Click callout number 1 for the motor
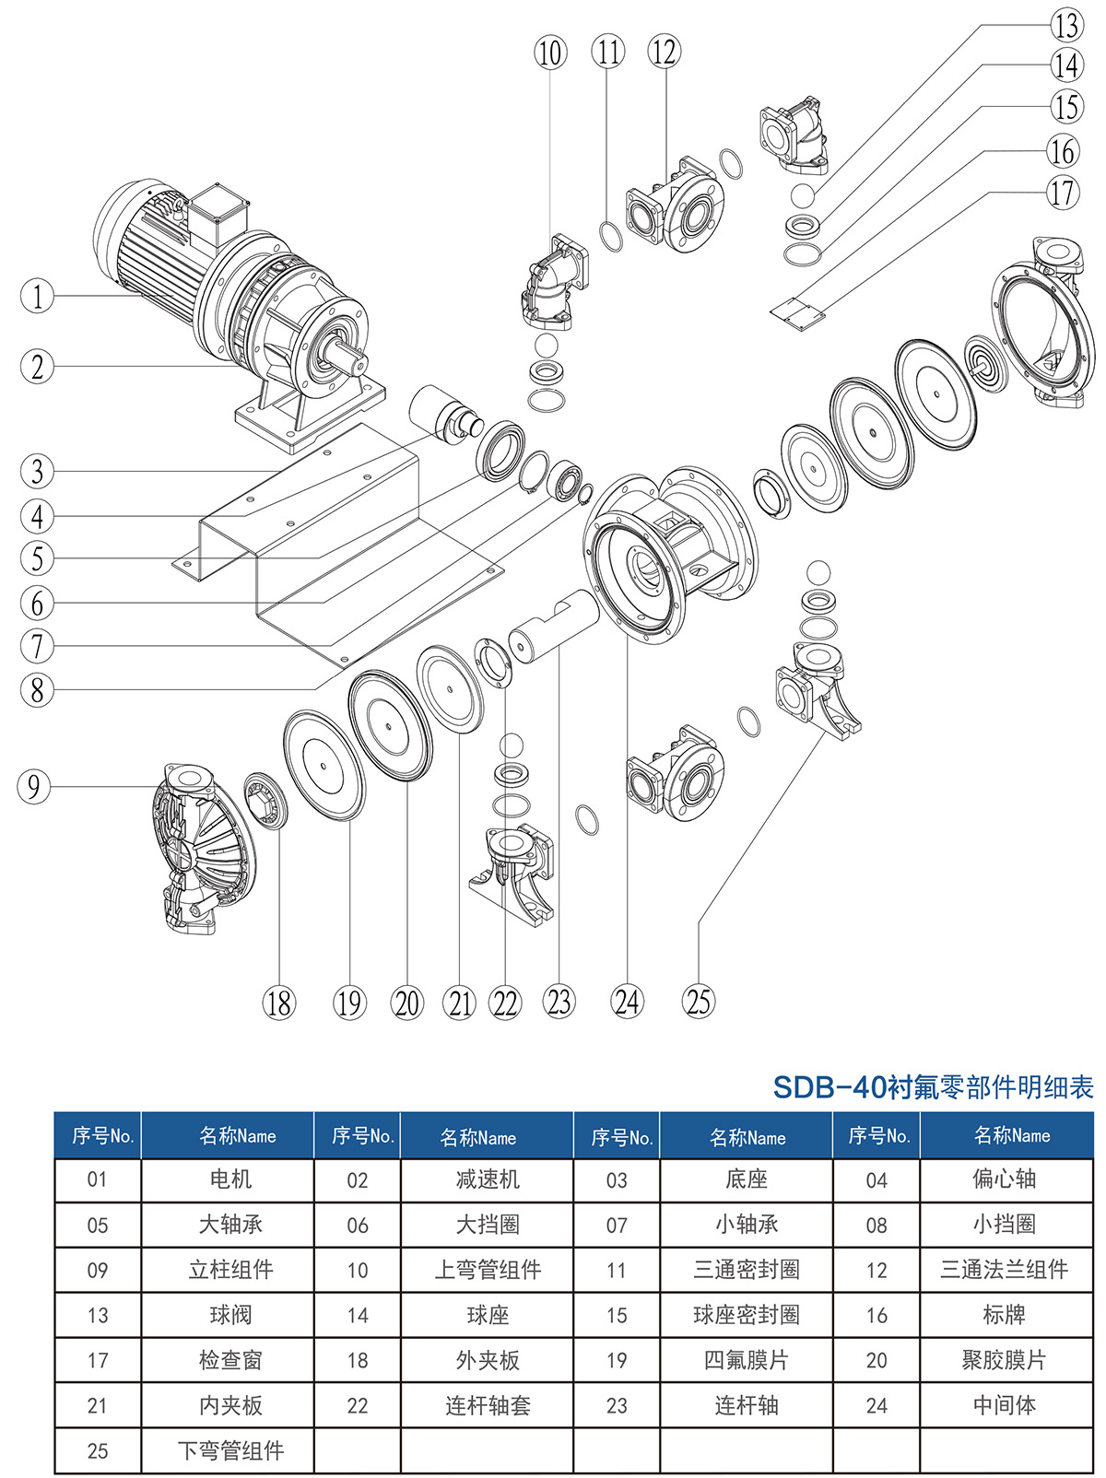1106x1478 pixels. click(x=37, y=296)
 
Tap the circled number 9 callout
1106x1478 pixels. click(x=34, y=786)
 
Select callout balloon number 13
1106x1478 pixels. click(x=1066, y=25)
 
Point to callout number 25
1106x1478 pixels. click(x=699, y=1002)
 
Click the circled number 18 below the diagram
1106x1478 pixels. click(x=278, y=1003)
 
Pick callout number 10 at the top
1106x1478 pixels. click(x=550, y=53)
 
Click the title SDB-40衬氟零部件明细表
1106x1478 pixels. click(x=932, y=1087)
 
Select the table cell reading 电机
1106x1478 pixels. click(x=230, y=1179)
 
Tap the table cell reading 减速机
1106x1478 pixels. click(x=488, y=1179)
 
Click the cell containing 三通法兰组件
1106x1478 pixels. click(x=1004, y=1270)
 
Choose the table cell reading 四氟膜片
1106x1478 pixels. click(x=746, y=1360)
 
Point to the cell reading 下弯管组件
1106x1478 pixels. click(x=230, y=1451)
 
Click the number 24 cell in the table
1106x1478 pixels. click(x=877, y=1406)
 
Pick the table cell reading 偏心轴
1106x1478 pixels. click(x=1004, y=1179)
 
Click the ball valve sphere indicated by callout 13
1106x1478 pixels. click(x=803, y=196)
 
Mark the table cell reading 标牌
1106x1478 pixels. click(x=1004, y=1315)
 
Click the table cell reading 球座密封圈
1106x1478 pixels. click(x=746, y=1315)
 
